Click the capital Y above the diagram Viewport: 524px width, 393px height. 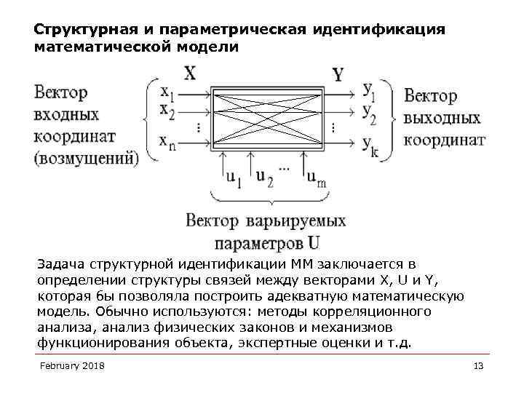click(338, 74)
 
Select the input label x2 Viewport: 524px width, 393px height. click(167, 112)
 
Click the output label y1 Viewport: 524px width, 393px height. click(369, 90)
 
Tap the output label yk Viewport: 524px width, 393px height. click(369, 143)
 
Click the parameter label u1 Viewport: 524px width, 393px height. click(234, 177)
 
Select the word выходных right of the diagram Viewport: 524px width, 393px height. click(442, 118)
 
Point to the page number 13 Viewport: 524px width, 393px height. click(478, 365)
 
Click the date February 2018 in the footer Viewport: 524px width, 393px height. click(72, 365)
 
